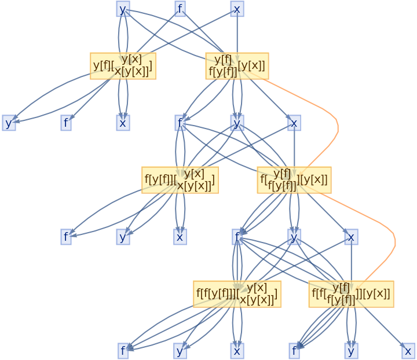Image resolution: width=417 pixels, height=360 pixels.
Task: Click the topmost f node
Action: tap(180, 9)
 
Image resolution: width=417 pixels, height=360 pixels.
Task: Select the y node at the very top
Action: tap(123, 9)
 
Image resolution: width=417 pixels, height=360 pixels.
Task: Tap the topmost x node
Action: tap(236, 9)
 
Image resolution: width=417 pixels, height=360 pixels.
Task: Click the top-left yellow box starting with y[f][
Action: tap(123, 65)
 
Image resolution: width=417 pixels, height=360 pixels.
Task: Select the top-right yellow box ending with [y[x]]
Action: tap(236, 65)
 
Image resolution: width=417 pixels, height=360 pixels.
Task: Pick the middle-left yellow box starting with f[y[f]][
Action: tap(180, 179)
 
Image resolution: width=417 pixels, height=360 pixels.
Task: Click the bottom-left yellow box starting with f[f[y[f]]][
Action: tap(236, 293)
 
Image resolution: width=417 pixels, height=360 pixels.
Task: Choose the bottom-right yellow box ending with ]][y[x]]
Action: tap(351, 293)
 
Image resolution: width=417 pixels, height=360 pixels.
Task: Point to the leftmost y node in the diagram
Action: tap(9, 123)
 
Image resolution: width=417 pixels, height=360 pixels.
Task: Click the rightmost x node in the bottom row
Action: tap(408, 351)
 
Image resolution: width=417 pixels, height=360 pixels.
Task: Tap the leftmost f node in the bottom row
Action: tap(123, 351)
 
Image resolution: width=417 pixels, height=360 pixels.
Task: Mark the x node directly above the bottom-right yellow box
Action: tap(350, 237)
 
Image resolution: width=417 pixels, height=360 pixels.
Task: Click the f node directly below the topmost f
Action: tap(180, 123)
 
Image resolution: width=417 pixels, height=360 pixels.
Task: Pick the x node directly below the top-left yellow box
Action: tap(123, 123)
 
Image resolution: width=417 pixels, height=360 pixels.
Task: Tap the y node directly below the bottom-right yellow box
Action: tap(351, 351)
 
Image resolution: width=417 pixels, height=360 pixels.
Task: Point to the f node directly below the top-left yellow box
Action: tap(66, 123)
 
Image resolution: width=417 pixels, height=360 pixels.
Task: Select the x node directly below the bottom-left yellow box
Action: tap(236, 351)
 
